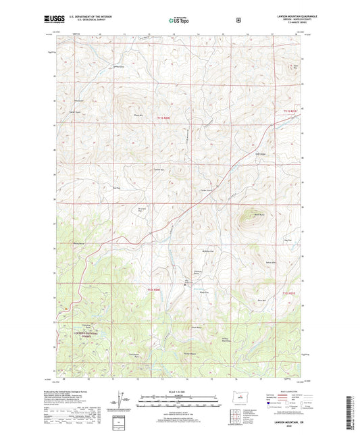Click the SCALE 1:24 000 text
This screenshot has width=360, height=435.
click(x=180, y=391)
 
